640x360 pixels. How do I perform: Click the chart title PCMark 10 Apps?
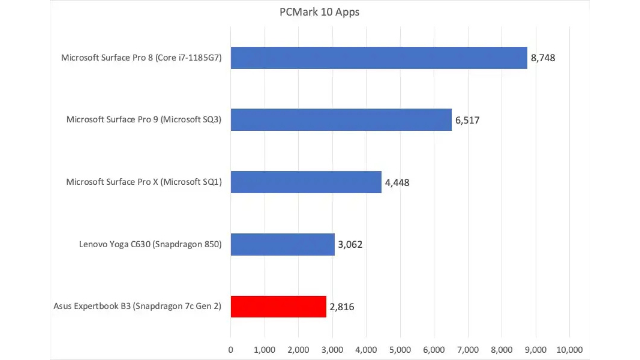[x=319, y=12]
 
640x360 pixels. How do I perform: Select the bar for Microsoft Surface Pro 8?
[x=379, y=58]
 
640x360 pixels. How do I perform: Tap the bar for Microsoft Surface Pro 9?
[x=341, y=120]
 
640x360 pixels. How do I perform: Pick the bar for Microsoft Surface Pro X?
[x=306, y=182]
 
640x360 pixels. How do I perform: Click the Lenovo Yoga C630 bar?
[x=282, y=244]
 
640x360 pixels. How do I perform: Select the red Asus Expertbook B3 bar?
[x=278, y=306]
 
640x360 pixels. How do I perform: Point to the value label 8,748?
[x=543, y=58]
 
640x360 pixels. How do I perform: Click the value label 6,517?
[x=467, y=120]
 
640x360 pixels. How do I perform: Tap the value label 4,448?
[x=397, y=183]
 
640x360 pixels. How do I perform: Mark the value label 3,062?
[x=350, y=245]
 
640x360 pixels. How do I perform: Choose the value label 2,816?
[x=342, y=307]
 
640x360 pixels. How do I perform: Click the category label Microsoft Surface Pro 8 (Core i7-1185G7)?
[x=141, y=58]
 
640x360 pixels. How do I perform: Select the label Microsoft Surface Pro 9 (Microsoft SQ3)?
[x=144, y=120]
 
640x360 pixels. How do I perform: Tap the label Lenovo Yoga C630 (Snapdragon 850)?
[x=150, y=244]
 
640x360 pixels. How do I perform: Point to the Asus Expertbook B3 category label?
[x=137, y=306]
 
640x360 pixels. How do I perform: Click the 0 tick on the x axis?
[x=231, y=350]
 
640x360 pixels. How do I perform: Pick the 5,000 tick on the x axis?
[x=400, y=350]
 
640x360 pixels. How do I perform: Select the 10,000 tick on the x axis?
[x=569, y=350]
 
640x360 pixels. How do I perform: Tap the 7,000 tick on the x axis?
[x=468, y=350]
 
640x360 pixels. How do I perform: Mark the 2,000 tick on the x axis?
[x=298, y=350]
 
